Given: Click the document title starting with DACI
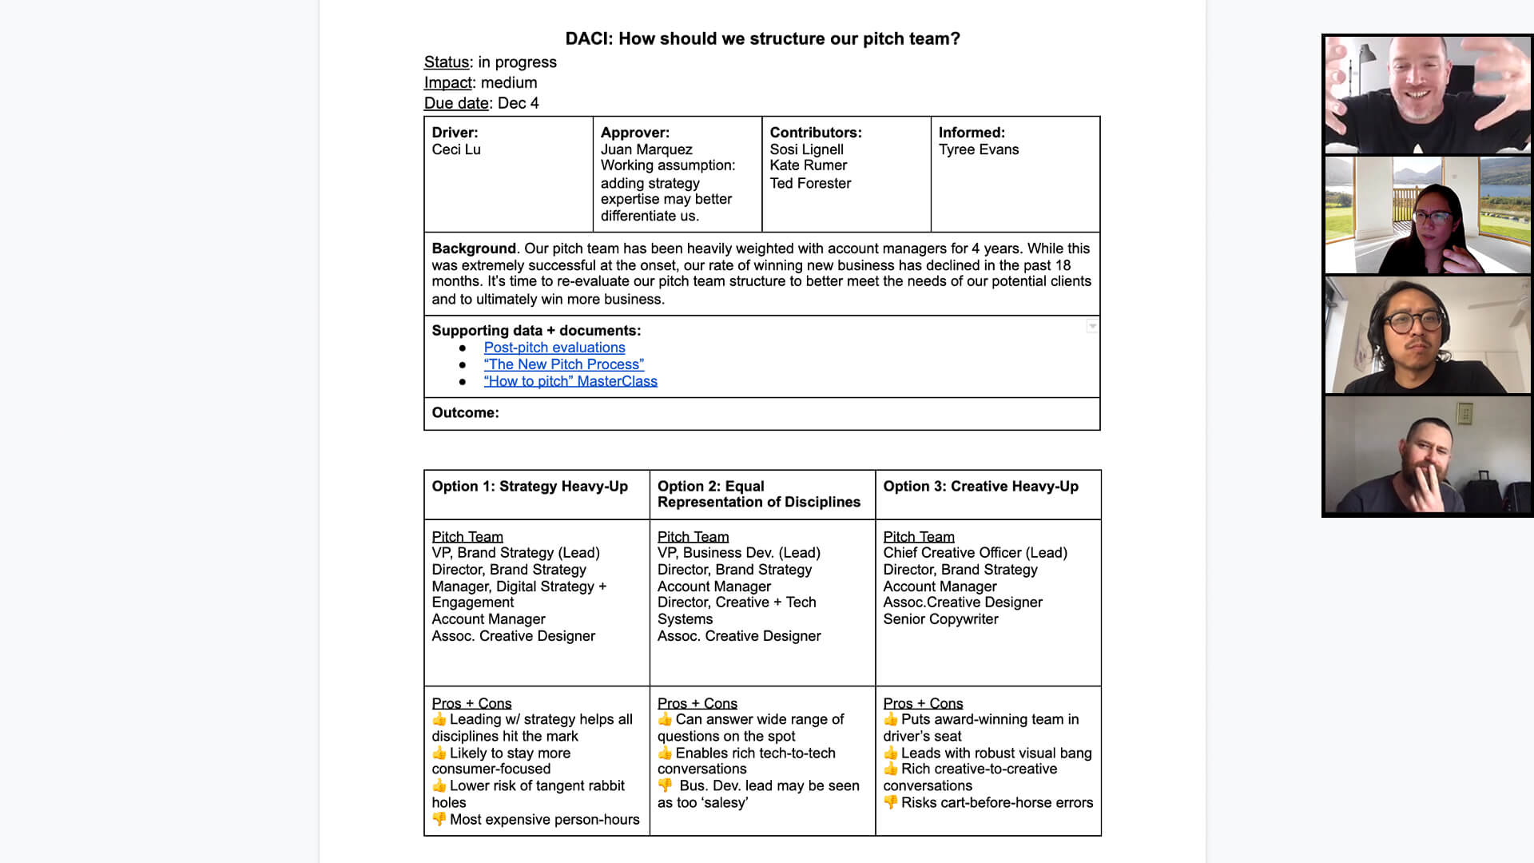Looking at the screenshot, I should (x=762, y=38).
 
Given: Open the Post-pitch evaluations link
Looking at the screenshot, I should (x=554, y=348).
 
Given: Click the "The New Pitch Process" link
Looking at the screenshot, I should (x=563, y=364).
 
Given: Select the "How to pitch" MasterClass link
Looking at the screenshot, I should (x=570, y=381).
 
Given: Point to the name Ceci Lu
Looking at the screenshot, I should (x=456, y=149).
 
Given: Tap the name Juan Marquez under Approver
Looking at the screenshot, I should (x=646, y=149).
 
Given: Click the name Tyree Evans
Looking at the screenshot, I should (x=979, y=149).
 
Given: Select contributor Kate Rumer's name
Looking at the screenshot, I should (x=808, y=165).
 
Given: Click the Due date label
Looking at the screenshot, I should (x=456, y=103).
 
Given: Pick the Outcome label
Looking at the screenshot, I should (x=465, y=412).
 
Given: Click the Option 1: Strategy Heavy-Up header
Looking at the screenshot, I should (x=530, y=486).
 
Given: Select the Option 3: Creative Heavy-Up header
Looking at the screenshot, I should (x=980, y=486).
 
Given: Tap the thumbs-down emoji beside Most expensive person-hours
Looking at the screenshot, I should (x=439, y=819).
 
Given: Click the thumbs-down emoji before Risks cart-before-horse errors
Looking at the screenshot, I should (x=891, y=802).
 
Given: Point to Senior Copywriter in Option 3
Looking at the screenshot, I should (x=940, y=619).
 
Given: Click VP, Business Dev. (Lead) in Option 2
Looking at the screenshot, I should (x=738, y=553).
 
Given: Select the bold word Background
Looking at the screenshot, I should (x=474, y=249).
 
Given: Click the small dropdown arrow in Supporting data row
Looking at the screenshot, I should (x=1092, y=326).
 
